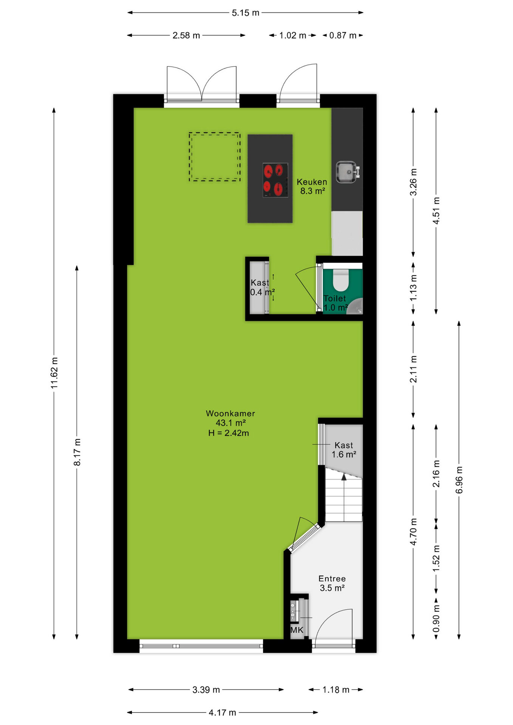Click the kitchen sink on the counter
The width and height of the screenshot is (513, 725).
[x=347, y=172]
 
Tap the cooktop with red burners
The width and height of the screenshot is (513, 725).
[x=275, y=180]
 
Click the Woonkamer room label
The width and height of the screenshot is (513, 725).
[x=230, y=413]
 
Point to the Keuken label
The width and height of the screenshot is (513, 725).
[x=312, y=182]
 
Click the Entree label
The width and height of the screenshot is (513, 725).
[x=332, y=578]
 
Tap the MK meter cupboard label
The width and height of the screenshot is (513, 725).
[x=297, y=630]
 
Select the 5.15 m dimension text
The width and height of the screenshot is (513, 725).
[x=246, y=13]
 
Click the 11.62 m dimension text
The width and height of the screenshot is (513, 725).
[x=54, y=373]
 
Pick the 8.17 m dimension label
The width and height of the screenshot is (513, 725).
[x=77, y=452]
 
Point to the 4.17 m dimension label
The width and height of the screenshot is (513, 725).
[x=223, y=713]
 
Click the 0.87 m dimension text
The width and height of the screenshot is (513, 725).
[x=343, y=35]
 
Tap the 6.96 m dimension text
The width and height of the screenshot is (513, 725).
[x=459, y=480]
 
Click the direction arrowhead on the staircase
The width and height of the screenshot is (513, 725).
[x=344, y=477]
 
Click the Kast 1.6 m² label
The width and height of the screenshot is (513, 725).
[x=344, y=450]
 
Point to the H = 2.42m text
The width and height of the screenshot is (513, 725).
[x=229, y=433]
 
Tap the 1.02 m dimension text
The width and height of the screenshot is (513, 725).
[x=293, y=35]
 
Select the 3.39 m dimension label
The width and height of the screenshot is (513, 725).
[x=206, y=690]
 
